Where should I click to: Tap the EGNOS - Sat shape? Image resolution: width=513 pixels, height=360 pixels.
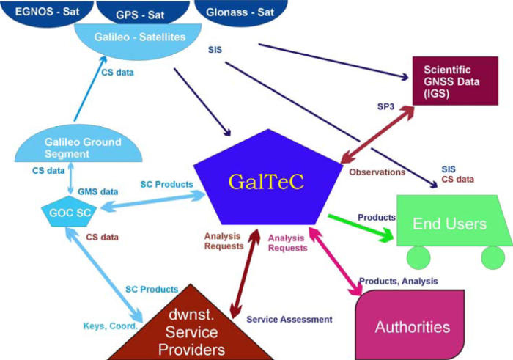[34, 11]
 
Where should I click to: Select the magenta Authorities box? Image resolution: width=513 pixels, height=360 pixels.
[412, 325]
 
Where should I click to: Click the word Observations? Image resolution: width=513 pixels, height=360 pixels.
[377, 172]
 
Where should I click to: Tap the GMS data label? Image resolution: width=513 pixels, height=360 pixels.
[97, 191]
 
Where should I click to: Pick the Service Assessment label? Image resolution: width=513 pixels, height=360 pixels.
[289, 320]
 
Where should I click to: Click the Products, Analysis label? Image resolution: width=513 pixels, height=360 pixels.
[398, 281]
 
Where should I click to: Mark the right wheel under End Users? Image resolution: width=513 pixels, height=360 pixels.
[492, 258]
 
